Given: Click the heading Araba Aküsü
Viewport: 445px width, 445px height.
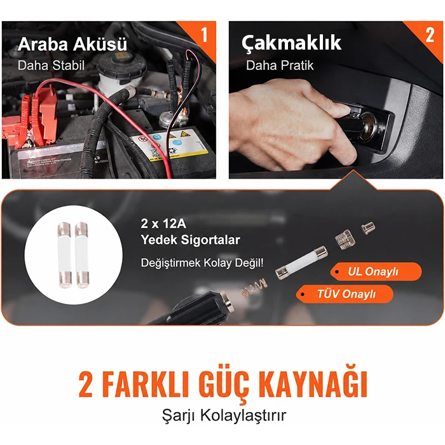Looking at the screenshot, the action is coord(72,44).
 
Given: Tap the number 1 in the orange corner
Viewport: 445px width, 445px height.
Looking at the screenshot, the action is coord(204,35).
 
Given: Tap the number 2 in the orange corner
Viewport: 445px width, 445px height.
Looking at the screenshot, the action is coord(430,35).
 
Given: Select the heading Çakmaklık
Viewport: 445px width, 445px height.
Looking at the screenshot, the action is coord(291,43).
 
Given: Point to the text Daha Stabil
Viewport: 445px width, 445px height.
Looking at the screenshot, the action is coord(51,65).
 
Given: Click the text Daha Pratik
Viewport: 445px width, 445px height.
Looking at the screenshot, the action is coord(280,65).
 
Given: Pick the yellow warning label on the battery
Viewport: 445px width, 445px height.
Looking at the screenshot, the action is coord(170,146).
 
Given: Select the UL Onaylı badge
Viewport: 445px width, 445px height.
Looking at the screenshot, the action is coord(376,271).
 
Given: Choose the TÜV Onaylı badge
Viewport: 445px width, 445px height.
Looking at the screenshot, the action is coord(345,294).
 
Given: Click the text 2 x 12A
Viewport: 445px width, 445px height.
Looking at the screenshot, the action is coord(163,224).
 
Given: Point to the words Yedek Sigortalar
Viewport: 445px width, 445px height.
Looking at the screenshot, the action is coord(191,240).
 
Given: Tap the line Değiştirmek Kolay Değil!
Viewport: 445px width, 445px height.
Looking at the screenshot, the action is coord(202,263).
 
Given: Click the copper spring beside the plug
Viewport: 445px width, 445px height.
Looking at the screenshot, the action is coord(254,288).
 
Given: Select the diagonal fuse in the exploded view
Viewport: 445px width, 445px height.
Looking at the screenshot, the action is coord(301,263).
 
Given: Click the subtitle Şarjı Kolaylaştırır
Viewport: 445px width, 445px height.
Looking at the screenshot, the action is coord(224,416).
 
